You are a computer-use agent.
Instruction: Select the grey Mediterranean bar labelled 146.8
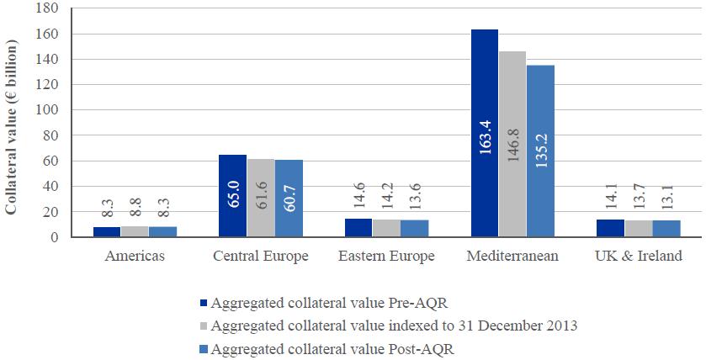click(512, 144)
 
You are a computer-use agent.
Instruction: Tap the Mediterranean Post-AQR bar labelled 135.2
click(540, 151)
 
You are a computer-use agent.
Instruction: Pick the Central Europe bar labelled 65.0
click(232, 196)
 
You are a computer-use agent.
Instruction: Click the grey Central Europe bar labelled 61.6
click(260, 198)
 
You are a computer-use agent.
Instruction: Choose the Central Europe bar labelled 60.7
click(288, 199)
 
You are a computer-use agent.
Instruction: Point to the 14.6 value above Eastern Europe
click(358, 199)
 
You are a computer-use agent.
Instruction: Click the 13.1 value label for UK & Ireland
click(666, 199)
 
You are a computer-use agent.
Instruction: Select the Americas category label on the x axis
click(134, 257)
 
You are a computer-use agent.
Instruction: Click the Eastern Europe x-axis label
click(386, 257)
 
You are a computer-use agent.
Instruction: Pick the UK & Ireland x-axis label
click(639, 257)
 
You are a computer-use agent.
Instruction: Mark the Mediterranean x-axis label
click(512, 257)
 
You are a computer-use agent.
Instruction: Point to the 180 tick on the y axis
click(45, 9)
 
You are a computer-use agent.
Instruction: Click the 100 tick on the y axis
click(45, 110)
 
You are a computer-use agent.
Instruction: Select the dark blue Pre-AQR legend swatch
click(202, 303)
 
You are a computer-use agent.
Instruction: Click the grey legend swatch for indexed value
click(202, 326)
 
